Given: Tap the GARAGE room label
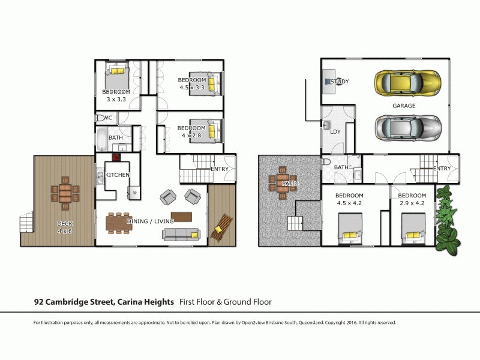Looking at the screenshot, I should click(x=404, y=106).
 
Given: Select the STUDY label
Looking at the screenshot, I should click(x=340, y=82).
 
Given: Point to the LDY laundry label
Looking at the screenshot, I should click(x=335, y=131).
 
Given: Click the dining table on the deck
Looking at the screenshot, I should click(x=65, y=194).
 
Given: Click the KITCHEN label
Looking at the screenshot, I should click(x=118, y=175).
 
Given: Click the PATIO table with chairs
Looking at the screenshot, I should click(x=280, y=183).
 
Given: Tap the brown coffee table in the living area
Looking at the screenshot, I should click(x=181, y=216).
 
